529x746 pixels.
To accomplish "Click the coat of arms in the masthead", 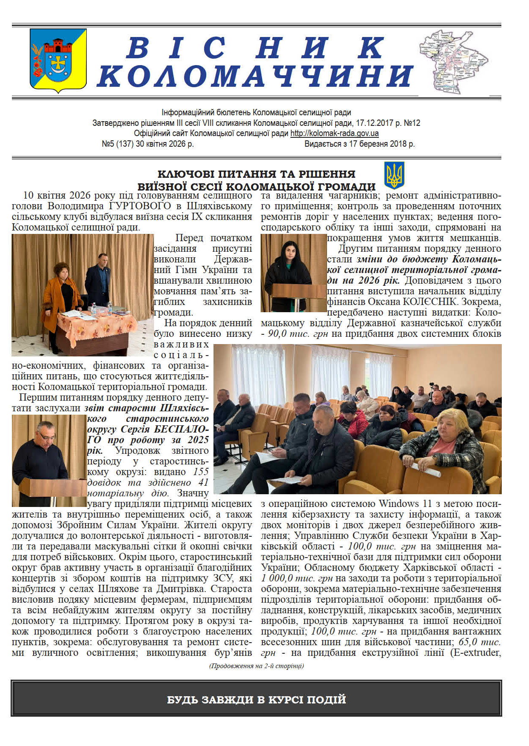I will pos(58,60).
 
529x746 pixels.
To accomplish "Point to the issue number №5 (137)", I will pos(118,144).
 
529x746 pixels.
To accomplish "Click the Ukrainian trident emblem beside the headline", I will pos(394,175).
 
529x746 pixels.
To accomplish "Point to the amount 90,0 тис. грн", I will pos(298,334).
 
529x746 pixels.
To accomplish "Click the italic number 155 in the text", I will pos(201,472).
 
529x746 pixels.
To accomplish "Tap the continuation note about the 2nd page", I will pos(256,666).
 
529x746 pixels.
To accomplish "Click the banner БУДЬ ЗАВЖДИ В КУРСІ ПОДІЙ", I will pos(256,700).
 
